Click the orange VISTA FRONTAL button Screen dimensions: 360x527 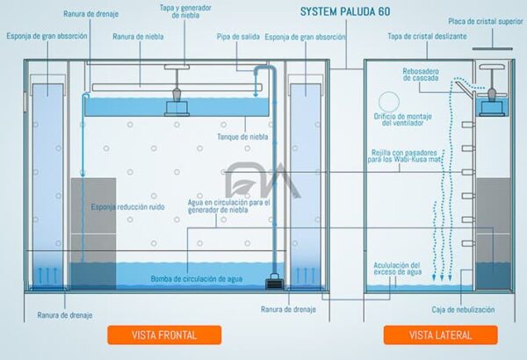tap(164, 335)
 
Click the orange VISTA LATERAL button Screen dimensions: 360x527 tap(440, 335)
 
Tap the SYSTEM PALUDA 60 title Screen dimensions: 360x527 tap(345, 13)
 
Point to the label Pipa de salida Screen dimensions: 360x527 tap(237, 37)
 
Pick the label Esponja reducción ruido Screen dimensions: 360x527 tap(129, 208)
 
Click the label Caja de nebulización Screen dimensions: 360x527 tap(464, 310)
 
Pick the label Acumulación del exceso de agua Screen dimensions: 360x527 tap(397, 269)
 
